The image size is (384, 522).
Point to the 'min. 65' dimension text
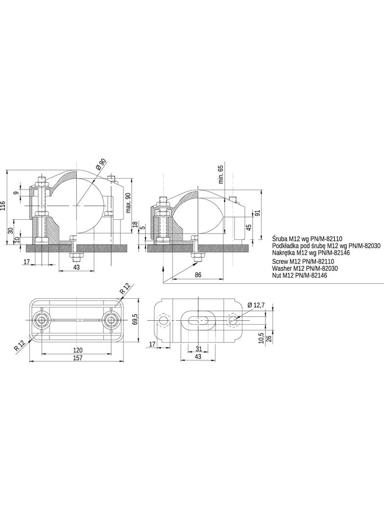point(220,174)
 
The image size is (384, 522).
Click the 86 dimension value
point(198,275)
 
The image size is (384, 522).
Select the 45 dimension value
point(248,227)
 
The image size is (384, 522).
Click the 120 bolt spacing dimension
point(77,350)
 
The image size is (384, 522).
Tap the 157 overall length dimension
point(77,358)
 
